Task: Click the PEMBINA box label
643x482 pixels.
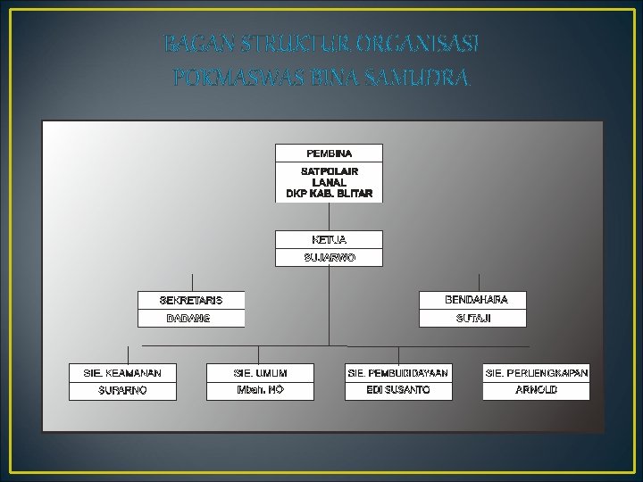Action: tap(329, 154)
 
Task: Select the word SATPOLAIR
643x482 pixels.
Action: tap(329, 171)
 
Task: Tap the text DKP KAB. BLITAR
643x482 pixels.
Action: tap(329, 193)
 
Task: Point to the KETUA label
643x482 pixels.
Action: tap(329, 240)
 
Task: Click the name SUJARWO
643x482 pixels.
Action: tap(329, 258)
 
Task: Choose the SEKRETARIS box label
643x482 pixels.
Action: tap(191, 300)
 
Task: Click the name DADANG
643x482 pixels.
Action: tap(188, 319)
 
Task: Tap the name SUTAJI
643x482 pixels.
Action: tap(473, 318)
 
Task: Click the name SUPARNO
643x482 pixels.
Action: tap(123, 390)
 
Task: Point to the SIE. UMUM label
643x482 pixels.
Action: tap(261, 371)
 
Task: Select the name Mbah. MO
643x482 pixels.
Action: tap(261, 390)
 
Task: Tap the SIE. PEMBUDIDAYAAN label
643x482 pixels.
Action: tap(398, 371)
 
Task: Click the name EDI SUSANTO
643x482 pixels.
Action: tap(398, 390)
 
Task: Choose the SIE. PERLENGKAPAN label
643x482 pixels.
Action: tap(537, 371)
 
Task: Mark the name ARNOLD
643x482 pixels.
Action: tap(537, 390)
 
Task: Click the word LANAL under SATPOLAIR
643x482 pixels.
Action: tap(329, 182)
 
